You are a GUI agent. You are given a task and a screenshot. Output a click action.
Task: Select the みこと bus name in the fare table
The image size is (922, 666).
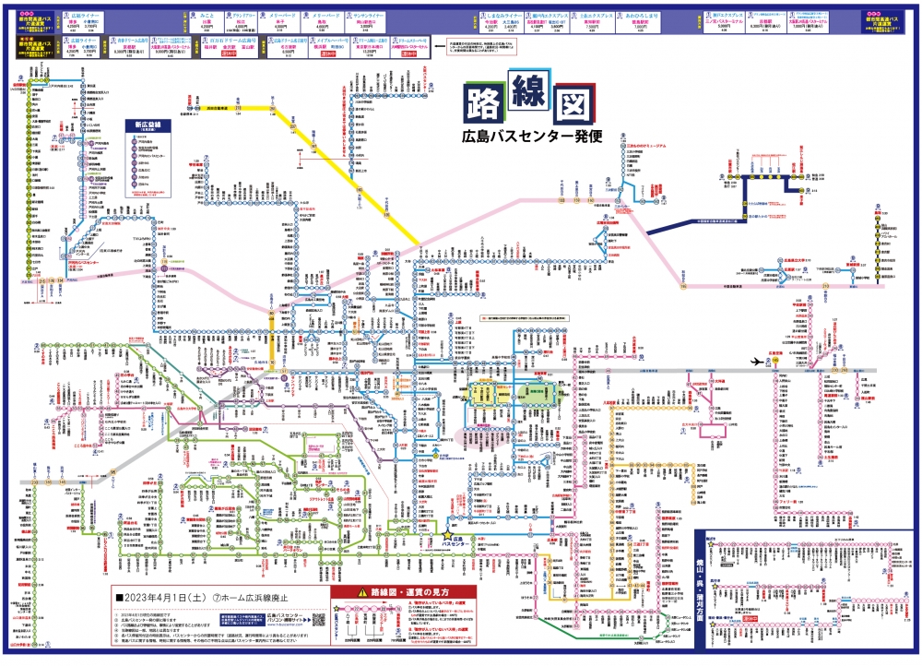pyautogui.click(x=207, y=16)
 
